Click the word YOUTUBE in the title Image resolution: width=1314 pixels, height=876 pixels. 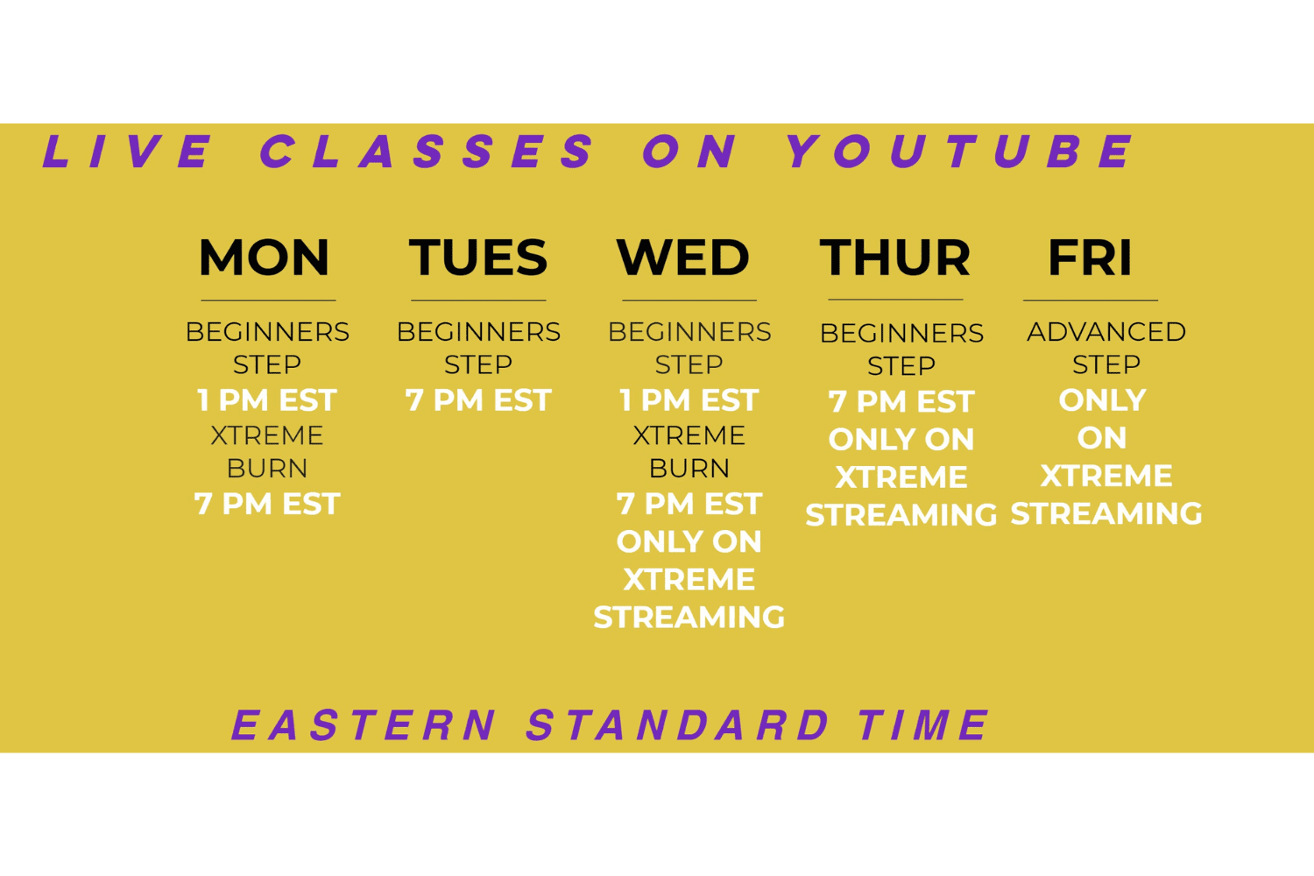pos(960,152)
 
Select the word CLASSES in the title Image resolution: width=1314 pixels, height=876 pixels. pos(427,152)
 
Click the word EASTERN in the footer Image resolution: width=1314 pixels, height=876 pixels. pos(364,724)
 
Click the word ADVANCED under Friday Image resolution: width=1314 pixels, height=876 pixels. pos(1106,332)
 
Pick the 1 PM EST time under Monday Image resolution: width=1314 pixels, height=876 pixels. pos(267,400)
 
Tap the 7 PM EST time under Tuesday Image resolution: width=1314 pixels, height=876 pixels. pos(478,400)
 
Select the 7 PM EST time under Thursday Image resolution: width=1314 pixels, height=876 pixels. pos(901,402)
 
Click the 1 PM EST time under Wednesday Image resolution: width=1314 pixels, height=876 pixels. pos(689,400)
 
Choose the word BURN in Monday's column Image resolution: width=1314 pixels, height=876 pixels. pos(267,468)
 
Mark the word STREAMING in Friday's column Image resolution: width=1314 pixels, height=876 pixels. pos(1106,513)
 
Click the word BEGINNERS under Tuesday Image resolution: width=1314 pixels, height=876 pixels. pos(478,332)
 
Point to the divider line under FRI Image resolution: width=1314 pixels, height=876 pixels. pos(1091,300)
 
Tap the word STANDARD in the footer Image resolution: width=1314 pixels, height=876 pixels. pos(677,724)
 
